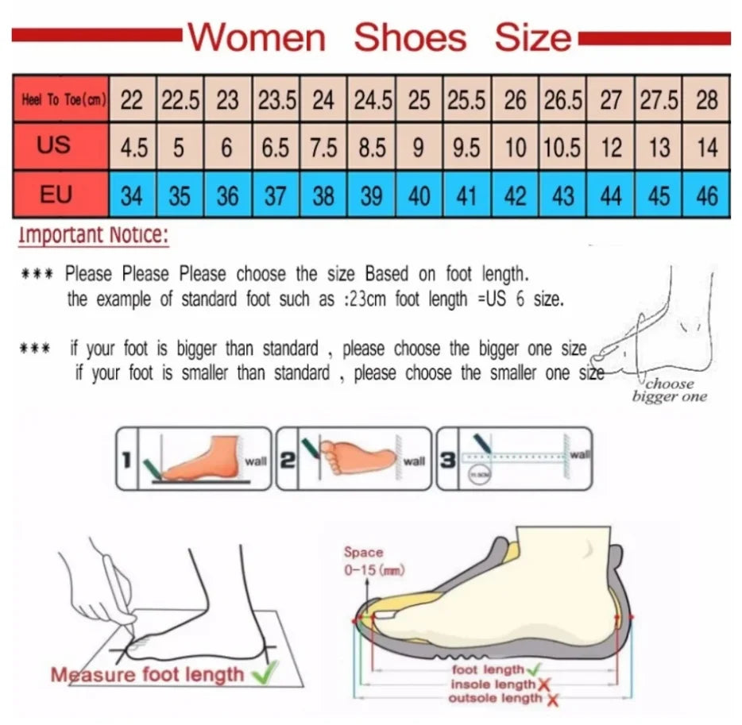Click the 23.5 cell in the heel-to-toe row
(x=276, y=101)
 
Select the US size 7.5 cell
(x=323, y=148)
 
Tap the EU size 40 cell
(x=419, y=195)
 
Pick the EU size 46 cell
(x=706, y=195)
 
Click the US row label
(x=54, y=145)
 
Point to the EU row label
(x=56, y=194)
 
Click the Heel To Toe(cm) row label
(x=60, y=101)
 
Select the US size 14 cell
(x=706, y=148)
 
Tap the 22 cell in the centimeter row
(x=133, y=101)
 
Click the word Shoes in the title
(x=409, y=37)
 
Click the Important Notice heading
(x=93, y=235)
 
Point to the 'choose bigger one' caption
(x=669, y=391)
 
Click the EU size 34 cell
(x=133, y=195)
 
